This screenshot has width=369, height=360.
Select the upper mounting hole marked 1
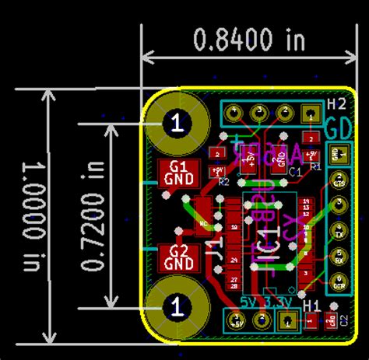178,122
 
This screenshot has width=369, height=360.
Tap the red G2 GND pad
178,257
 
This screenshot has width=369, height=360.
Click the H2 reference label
336,104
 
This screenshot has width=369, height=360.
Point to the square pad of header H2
311,115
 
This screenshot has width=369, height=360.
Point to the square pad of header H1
288,320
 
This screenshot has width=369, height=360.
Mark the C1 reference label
295,171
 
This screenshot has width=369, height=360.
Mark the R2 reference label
223,182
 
